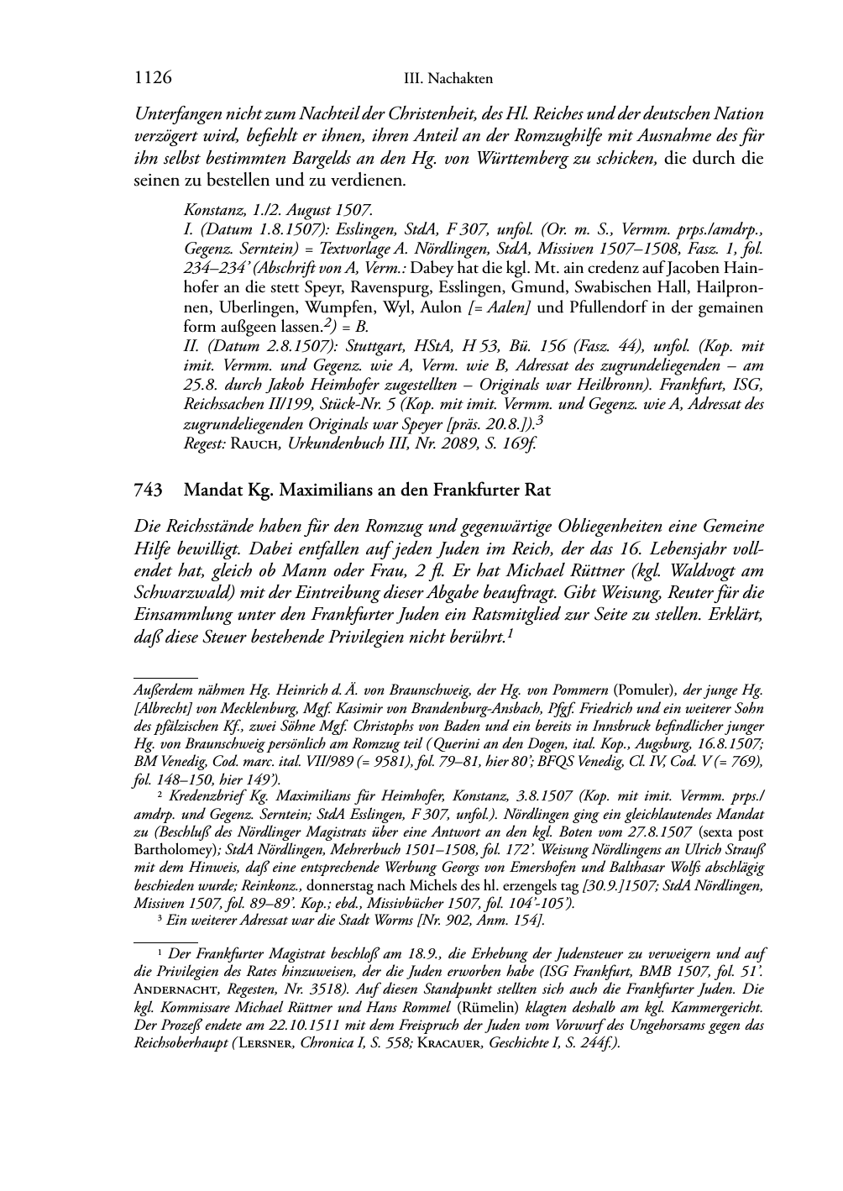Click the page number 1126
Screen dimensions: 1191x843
153,78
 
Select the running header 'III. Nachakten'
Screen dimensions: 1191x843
448,79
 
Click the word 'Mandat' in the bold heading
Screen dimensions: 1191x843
212,489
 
